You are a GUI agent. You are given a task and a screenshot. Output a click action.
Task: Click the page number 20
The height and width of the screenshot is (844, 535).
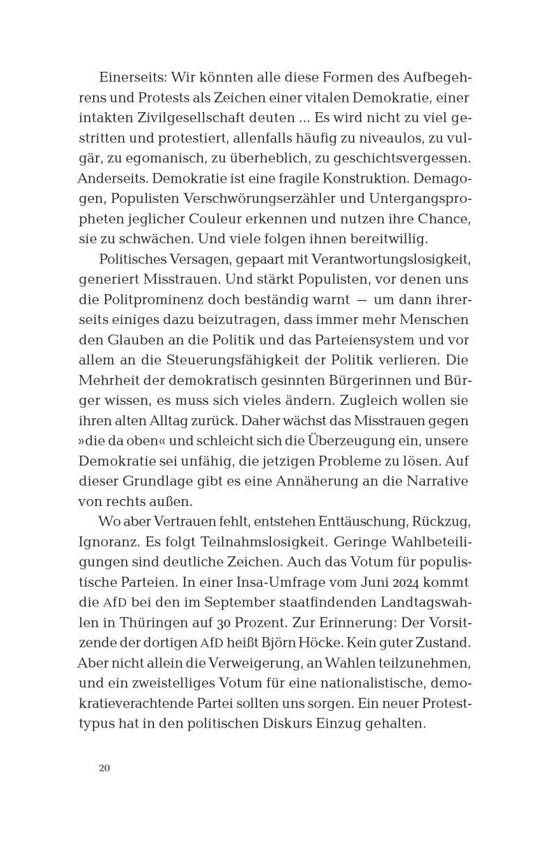click(x=104, y=769)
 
